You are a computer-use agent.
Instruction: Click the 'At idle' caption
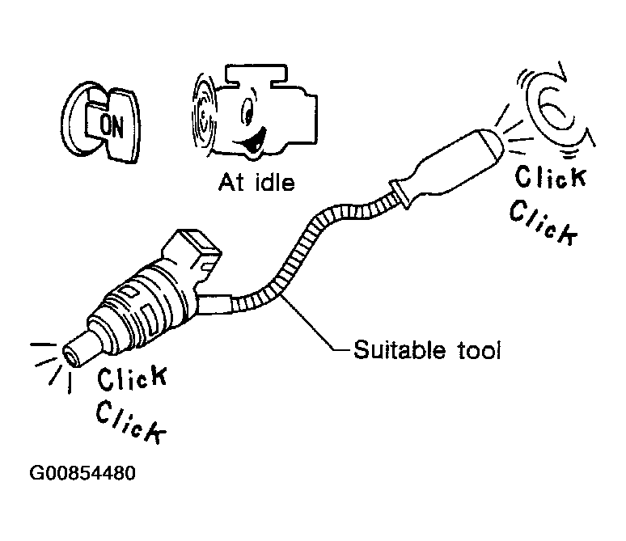tap(256, 183)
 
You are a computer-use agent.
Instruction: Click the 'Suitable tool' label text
tap(428, 351)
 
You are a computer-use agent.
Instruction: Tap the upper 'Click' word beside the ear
tap(550, 175)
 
